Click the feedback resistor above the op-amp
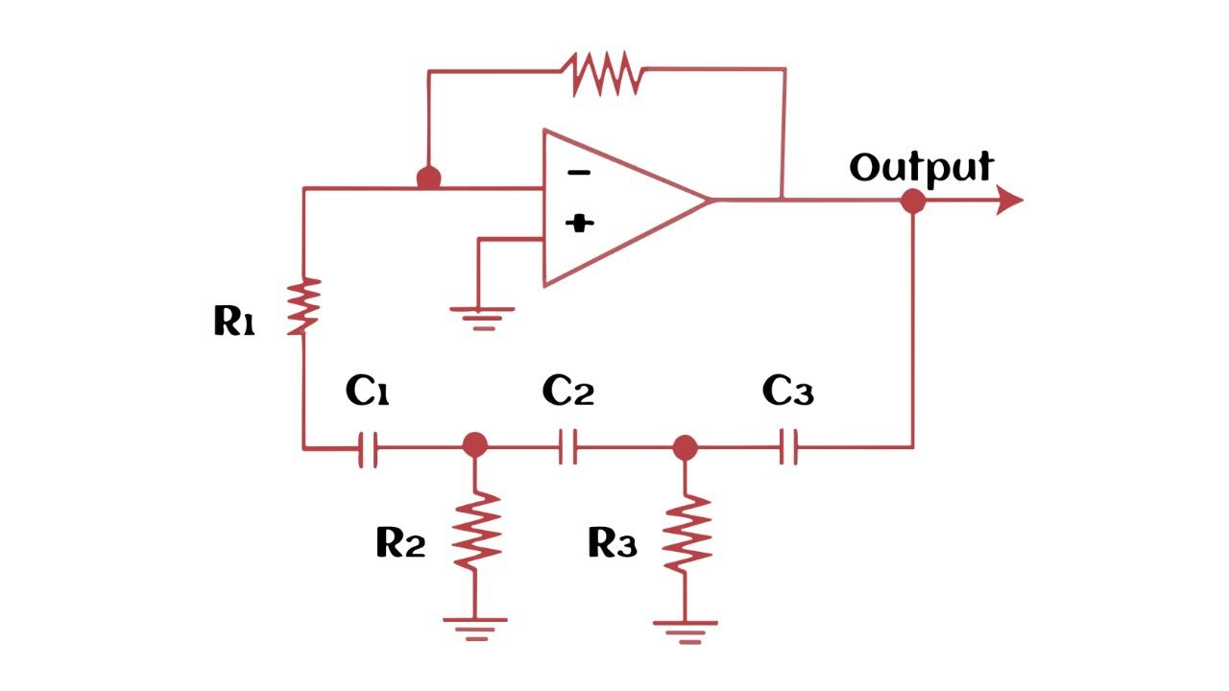(x=605, y=73)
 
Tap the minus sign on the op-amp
(x=578, y=173)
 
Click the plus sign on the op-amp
(x=579, y=224)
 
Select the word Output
(x=920, y=167)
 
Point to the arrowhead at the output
(x=1009, y=201)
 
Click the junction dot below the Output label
(x=912, y=202)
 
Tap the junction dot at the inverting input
(x=428, y=179)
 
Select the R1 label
(x=233, y=322)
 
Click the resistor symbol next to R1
(x=303, y=306)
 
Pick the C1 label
(x=367, y=392)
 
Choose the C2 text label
(x=567, y=391)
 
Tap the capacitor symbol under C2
(x=568, y=447)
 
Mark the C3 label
(x=787, y=391)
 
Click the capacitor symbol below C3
(x=788, y=447)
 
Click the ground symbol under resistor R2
(x=475, y=628)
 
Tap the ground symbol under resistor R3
(x=686, y=631)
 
